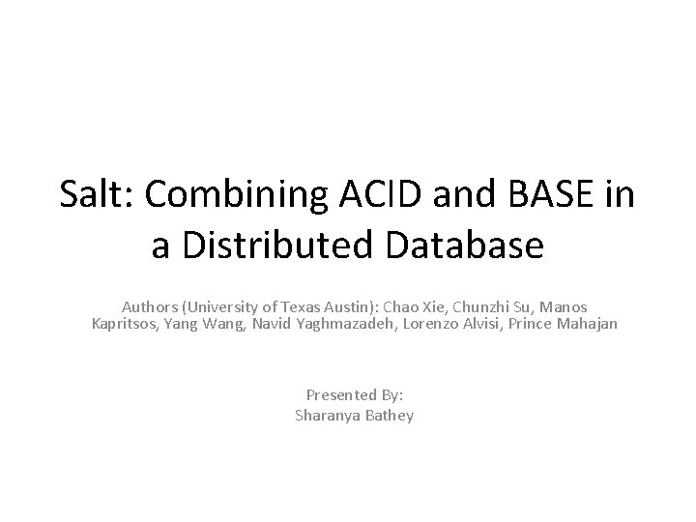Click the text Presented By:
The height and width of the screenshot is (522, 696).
(x=353, y=395)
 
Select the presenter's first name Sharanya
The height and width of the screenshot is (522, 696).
(x=327, y=415)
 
